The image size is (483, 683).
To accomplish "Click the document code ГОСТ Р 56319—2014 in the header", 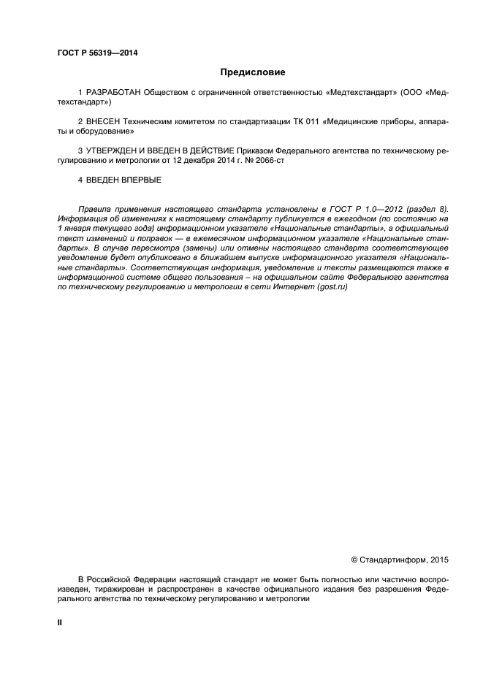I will tap(96, 53).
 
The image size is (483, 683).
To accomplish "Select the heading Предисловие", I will tap(252, 72).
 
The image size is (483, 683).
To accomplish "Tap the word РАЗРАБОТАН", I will tap(114, 94).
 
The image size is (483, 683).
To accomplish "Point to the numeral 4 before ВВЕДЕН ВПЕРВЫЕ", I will tap(80, 179).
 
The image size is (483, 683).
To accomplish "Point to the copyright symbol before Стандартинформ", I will tap(354, 560).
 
